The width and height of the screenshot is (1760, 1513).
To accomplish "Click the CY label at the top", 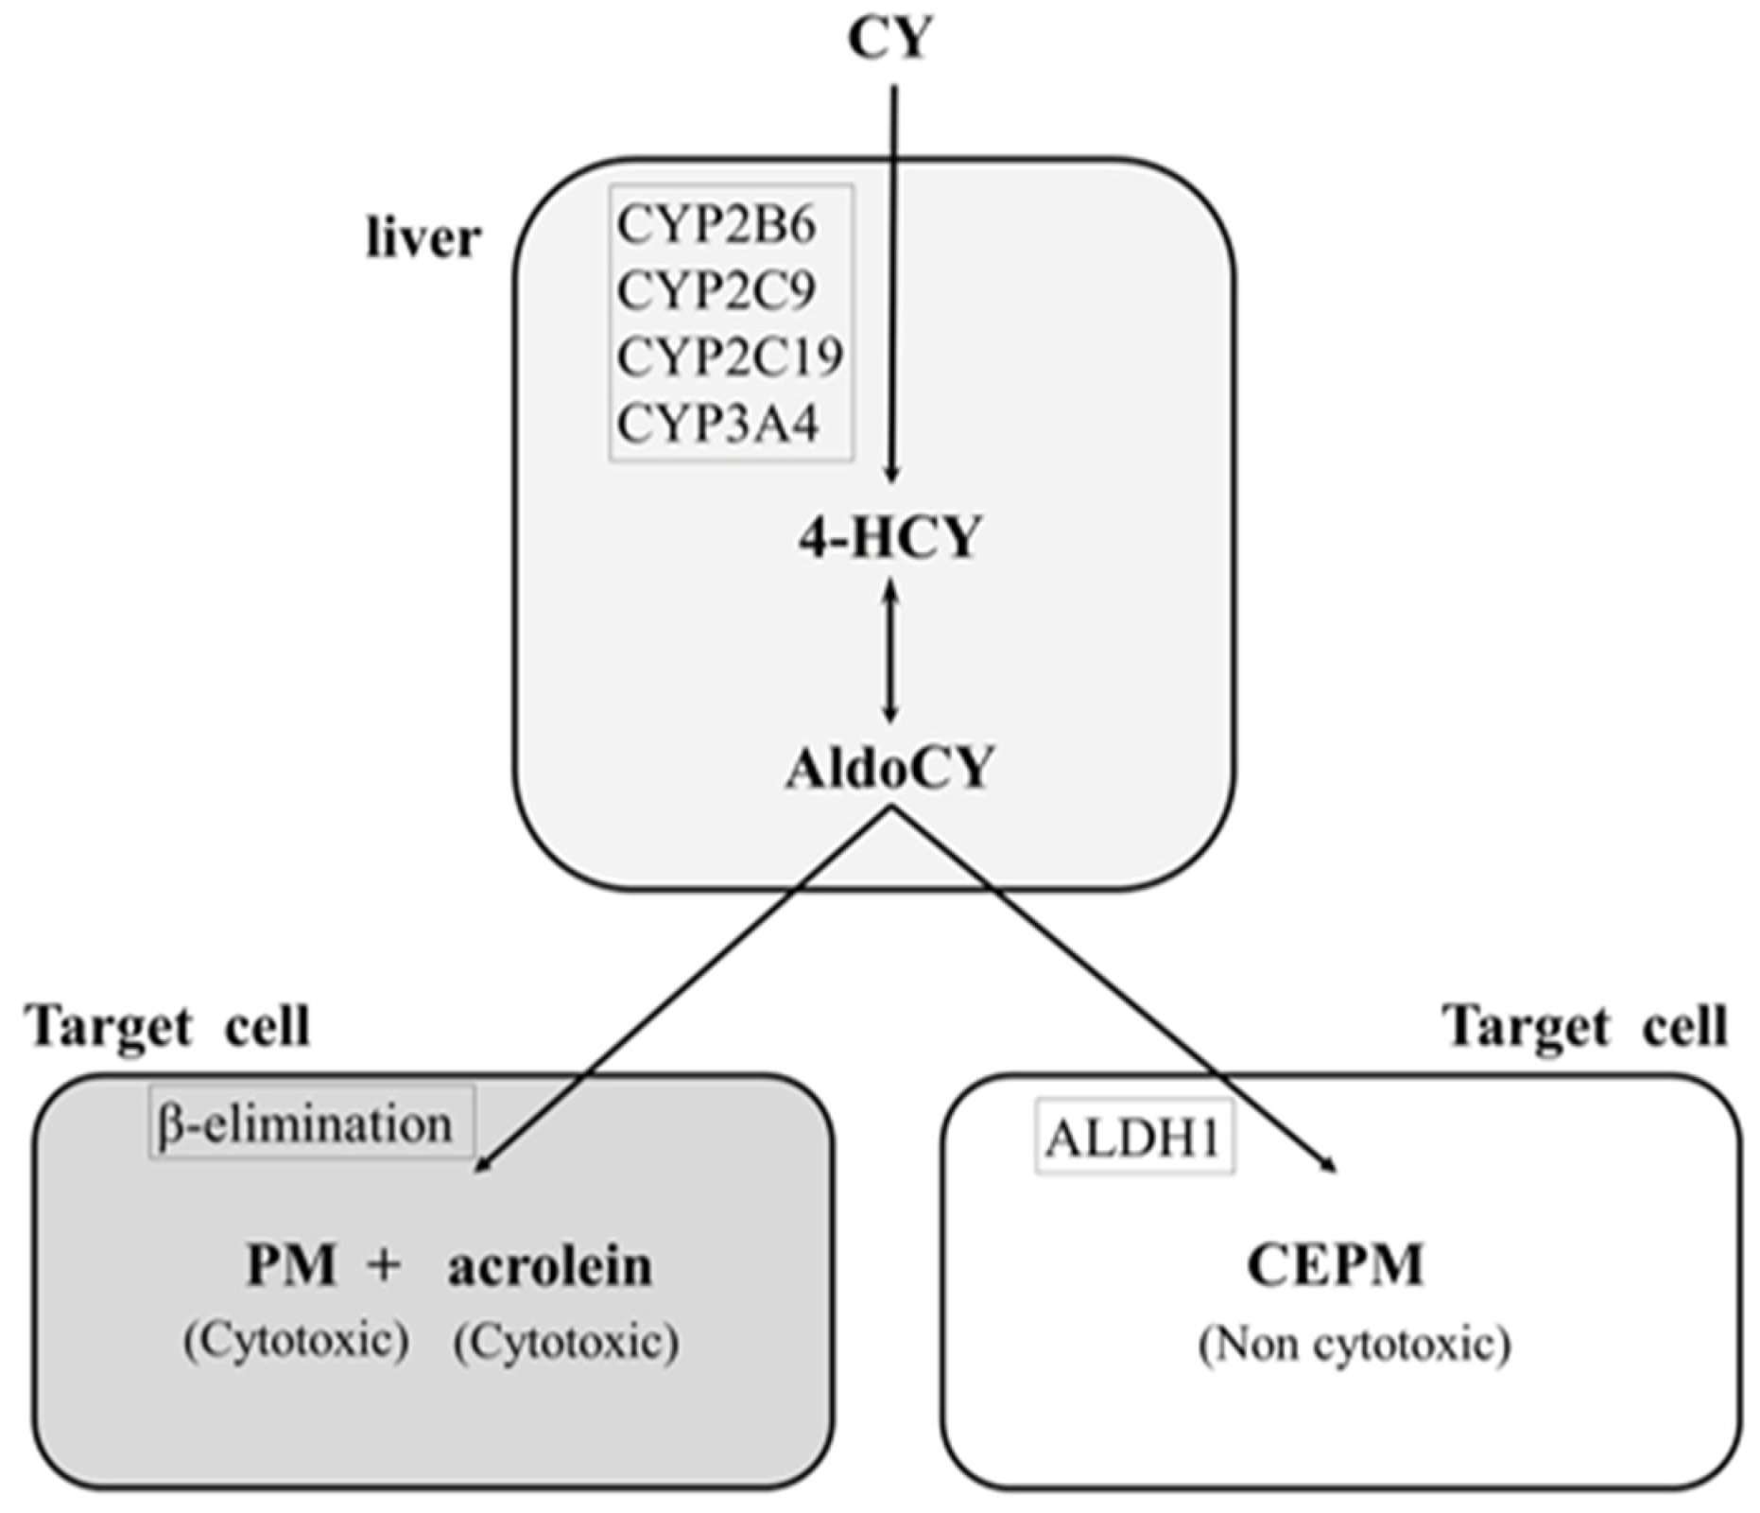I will click(x=889, y=40).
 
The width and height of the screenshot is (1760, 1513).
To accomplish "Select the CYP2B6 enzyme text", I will click(x=716, y=225).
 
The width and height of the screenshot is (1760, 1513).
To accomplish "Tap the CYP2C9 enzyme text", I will click(x=716, y=290).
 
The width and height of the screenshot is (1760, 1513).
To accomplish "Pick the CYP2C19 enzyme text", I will click(x=729, y=357).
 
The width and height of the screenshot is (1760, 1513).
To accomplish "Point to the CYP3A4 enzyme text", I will click(x=717, y=423).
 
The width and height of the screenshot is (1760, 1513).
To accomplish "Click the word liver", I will click(x=423, y=238).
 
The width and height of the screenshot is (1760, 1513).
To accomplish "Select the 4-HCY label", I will click(x=889, y=538).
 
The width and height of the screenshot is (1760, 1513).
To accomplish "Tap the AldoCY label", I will click(x=889, y=768).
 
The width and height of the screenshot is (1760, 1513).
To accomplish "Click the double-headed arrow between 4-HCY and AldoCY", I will click(x=889, y=652).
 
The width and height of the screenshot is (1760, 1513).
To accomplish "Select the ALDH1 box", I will click(x=1134, y=1138).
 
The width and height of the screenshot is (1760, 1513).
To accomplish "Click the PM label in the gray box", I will click(x=290, y=1265).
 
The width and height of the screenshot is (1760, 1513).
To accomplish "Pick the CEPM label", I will click(x=1335, y=1265).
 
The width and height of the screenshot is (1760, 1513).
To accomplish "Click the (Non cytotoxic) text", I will click(x=1354, y=1344).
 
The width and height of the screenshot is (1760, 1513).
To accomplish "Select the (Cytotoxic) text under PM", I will click(x=296, y=1340).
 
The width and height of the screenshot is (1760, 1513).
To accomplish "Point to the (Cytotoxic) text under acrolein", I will click(x=565, y=1342).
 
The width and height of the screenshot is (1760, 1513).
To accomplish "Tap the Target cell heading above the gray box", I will click(x=170, y=1026).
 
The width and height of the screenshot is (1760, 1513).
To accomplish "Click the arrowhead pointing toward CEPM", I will click(x=1330, y=1166).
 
